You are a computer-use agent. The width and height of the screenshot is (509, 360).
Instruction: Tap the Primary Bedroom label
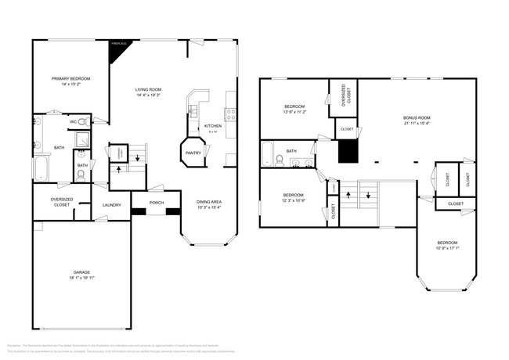pos(71,79)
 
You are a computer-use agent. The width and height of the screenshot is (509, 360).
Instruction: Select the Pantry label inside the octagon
pos(193,153)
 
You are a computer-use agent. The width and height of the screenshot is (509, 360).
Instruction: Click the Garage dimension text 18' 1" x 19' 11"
pos(81,277)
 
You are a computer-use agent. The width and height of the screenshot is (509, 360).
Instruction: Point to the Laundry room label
pos(112,205)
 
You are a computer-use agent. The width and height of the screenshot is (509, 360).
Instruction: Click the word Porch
pos(156,205)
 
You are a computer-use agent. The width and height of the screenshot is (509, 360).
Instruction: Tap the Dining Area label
pos(208,202)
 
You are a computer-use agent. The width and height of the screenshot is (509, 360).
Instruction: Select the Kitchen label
pos(213,126)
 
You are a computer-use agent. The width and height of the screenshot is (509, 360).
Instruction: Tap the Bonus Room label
pos(417,117)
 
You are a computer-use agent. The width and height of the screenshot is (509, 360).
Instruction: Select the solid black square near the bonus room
pos(347,150)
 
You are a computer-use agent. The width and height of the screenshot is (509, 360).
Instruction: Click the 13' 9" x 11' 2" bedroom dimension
pos(294,113)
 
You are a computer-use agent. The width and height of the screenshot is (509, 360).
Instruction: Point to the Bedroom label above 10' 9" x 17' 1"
pos(446,243)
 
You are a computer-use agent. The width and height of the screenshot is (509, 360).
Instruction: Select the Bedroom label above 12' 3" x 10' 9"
pos(294,195)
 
